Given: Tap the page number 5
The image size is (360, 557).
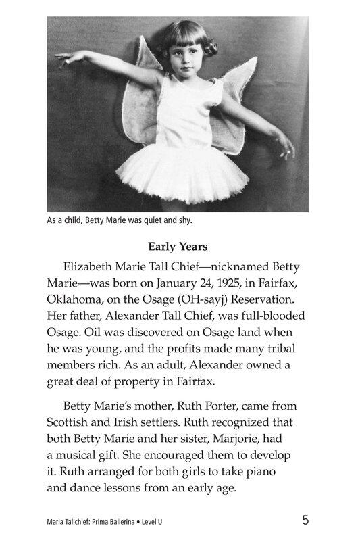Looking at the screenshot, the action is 305,520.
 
